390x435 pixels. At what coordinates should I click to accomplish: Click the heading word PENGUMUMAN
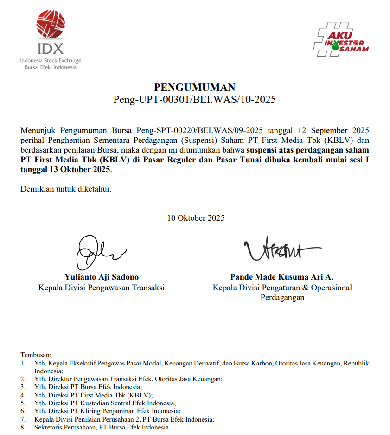(195, 87)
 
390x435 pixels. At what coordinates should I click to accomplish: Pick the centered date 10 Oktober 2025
(196, 218)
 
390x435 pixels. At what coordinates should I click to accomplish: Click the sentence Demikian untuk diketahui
(66, 189)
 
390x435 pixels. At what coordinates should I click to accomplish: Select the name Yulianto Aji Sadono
(102, 277)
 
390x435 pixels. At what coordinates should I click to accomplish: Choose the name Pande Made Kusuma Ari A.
(282, 277)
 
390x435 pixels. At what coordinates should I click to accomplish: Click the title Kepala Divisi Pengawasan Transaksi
(102, 288)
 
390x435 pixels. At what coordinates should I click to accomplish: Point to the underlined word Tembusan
(36, 355)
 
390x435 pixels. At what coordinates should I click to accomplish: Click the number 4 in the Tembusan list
(23, 395)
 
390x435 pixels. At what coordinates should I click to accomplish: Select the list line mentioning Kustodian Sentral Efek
(105, 403)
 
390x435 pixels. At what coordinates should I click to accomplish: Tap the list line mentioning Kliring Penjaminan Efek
(107, 411)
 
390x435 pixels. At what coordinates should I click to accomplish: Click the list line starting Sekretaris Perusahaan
(102, 427)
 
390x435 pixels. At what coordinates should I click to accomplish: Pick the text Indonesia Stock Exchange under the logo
(51, 61)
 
